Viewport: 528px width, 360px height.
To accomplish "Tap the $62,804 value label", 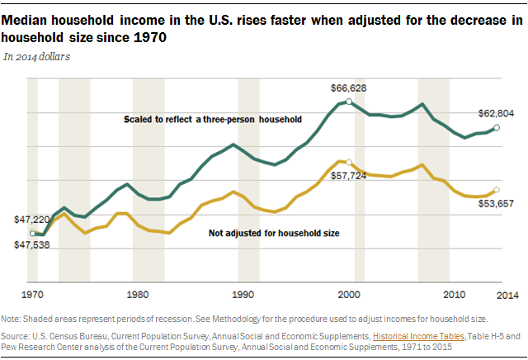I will click(x=497, y=113).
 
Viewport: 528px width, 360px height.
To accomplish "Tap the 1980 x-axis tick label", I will click(x=137, y=294).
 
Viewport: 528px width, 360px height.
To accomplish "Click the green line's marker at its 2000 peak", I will click(x=349, y=102).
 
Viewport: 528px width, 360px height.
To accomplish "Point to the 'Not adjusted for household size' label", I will click(x=275, y=234).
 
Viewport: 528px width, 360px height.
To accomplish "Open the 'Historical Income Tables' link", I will click(x=417, y=336).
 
